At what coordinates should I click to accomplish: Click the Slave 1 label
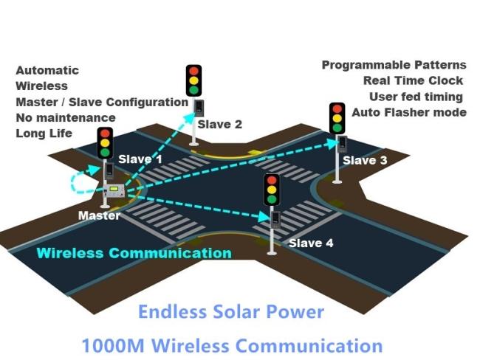pos(140,159)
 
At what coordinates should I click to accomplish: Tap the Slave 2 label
pos(220,125)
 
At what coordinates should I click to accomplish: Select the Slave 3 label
pos(365,160)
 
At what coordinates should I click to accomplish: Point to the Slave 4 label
pos(311,243)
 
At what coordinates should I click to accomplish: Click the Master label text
pos(99,215)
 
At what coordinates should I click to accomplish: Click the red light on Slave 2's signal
pos(193,72)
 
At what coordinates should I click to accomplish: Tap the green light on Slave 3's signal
pos(337,128)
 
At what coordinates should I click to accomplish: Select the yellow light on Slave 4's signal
pos(272,190)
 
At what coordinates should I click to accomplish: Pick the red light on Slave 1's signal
pos(105,134)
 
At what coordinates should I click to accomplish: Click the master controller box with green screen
pos(114,190)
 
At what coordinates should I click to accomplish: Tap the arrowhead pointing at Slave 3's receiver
pos(332,143)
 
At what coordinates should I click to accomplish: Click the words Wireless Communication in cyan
pos(134,253)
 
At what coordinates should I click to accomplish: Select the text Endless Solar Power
pos(231,311)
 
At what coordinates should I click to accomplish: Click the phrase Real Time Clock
pos(413,80)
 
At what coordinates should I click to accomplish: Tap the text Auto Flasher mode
pos(409,113)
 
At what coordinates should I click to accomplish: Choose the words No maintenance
pos(66,118)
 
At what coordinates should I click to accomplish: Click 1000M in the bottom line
pos(113,346)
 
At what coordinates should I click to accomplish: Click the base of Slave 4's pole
pos(272,252)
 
